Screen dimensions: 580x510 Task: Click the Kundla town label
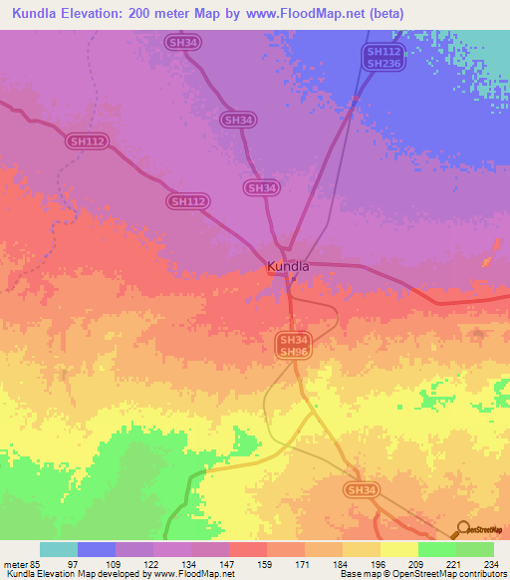(288, 267)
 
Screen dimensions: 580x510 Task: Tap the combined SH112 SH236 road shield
(382, 58)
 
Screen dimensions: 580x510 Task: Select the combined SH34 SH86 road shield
(293, 346)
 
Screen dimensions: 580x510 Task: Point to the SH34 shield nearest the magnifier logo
(362, 490)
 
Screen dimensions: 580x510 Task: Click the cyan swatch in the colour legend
(59, 549)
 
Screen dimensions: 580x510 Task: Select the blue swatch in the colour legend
(97, 549)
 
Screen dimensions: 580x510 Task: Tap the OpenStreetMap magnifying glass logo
(462, 529)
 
